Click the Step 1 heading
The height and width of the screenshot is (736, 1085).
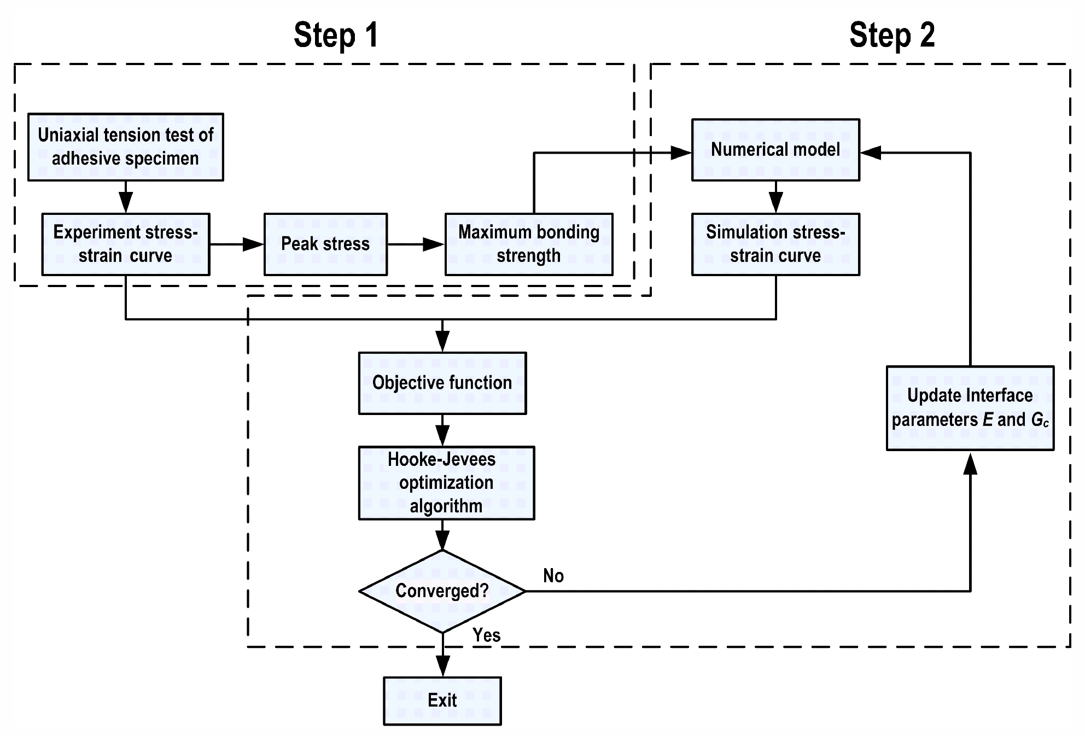[336, 35]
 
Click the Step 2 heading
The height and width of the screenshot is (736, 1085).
[892, 35]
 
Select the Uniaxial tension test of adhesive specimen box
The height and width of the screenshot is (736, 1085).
[126, 147]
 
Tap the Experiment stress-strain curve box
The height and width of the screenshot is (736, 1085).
[126, 244]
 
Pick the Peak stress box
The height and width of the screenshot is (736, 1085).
[325, 244]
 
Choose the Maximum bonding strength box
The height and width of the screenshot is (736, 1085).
[529, 244]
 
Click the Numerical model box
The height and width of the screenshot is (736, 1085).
[775, 150]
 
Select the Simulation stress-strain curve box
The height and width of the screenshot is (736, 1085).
[775, 244]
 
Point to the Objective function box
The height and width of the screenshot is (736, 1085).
[442, 383]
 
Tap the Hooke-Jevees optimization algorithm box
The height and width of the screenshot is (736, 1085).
[446, 483]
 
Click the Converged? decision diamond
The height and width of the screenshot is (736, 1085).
[442, 591]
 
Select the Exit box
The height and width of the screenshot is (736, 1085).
[442, 701]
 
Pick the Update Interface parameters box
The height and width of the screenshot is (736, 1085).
[970, 408]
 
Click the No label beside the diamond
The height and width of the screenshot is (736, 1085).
[553, 576]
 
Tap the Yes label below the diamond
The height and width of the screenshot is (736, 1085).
[487, 635]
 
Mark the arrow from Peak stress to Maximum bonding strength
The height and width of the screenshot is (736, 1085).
[416, 244]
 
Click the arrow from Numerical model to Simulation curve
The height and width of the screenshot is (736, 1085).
[775, 197]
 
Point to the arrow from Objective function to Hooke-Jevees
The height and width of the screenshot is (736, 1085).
[442, 430]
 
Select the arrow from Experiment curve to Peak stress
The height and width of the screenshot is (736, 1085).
[237, 244]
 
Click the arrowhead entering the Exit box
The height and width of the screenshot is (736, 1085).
[442, 667]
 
